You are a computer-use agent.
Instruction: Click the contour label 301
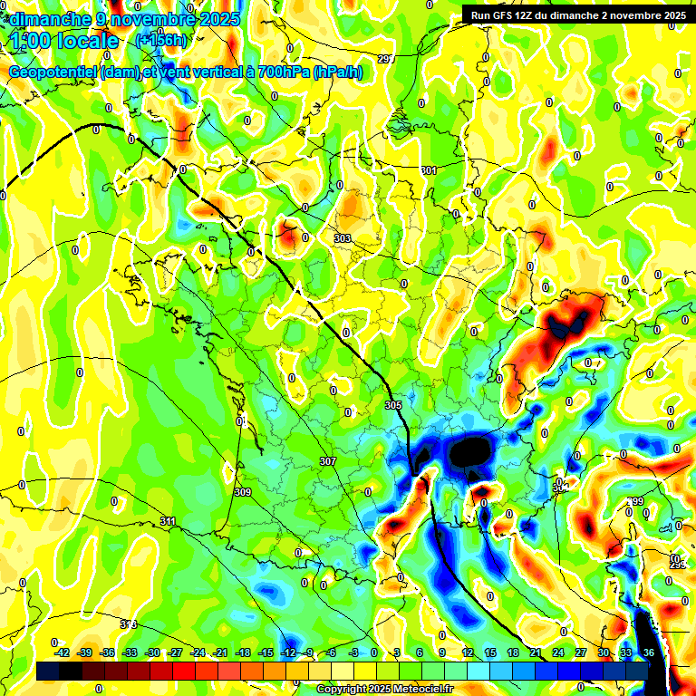(x=429, y=170)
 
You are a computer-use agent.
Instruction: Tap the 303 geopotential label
(x=342, y=238)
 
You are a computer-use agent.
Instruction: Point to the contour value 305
(x=392, y=404)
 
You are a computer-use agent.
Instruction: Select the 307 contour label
(x=328, y=461)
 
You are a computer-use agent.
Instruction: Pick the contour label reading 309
(x=242, y=492)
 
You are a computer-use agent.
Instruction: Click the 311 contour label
(x=168, y=521)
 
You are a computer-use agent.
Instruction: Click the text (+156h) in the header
(x=160, y=40)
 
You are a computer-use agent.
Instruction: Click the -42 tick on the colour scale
(x=63, y=652)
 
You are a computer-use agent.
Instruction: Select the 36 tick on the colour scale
(x=649, y=652)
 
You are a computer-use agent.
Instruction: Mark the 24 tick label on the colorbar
(x=558, y=652)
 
